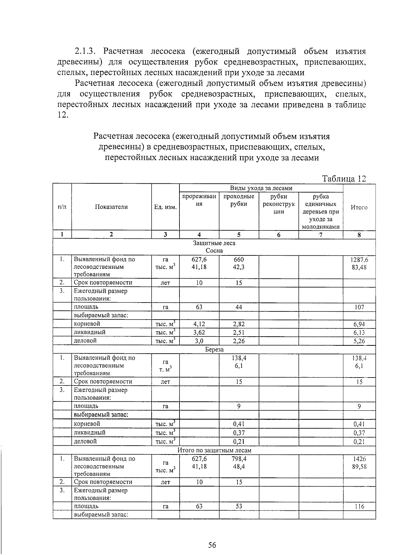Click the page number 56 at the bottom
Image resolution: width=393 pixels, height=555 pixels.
pos(212,536)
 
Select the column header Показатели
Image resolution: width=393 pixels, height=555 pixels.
pos(111,207)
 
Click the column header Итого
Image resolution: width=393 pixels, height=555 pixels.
pos(359,207)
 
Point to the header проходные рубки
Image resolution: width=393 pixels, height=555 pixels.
pos(239,200)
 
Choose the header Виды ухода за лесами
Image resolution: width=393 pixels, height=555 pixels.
pos(261,188)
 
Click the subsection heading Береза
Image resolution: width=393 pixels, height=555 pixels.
pos(214,349)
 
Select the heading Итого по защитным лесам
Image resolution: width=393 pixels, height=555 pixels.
pos(214,450)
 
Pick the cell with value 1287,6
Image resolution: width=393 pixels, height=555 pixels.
pos(359,260)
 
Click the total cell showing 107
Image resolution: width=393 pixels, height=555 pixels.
pos(359,307)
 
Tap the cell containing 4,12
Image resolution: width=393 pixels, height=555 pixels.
pos(199,324)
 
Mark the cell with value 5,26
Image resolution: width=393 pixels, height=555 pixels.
pos(359,341)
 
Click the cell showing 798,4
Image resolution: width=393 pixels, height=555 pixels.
pos(239,459)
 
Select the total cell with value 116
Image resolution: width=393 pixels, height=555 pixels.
pos(359,507)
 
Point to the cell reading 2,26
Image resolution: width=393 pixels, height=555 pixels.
pos(239,341)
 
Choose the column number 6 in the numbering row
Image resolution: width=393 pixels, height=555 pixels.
pos(279,235)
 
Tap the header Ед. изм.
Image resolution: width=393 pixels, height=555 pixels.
pos(165,207)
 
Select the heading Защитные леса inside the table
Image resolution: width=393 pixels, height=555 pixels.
pos(214,243)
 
